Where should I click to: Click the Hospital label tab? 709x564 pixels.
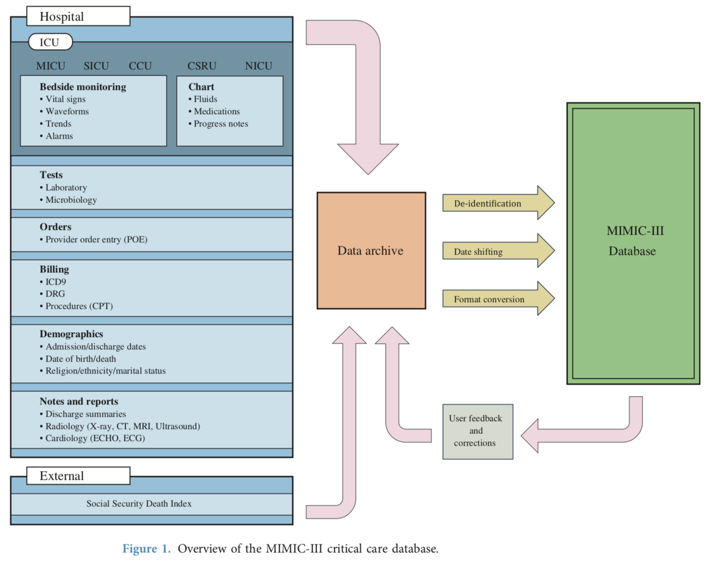pos(70,17)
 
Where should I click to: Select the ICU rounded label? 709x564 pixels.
pos(51,42)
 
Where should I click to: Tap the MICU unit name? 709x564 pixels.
pos(51,66)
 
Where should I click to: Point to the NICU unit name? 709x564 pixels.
pos(258,66)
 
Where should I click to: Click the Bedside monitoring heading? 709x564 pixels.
pos(83,87)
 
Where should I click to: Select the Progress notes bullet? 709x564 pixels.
pos(218,124)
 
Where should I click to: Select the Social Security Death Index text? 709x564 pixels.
pos(139,504)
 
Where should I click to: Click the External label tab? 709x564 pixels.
pos(70,475)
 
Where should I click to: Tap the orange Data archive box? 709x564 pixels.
pos(371,250)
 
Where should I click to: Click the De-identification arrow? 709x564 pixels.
pos(497,203)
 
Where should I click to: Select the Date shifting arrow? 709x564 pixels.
pos(497,252)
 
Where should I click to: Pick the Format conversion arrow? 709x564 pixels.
pos(497,299)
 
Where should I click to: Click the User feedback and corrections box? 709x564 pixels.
pos(478,430)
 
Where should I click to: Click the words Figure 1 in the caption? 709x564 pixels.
pos(146,549)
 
